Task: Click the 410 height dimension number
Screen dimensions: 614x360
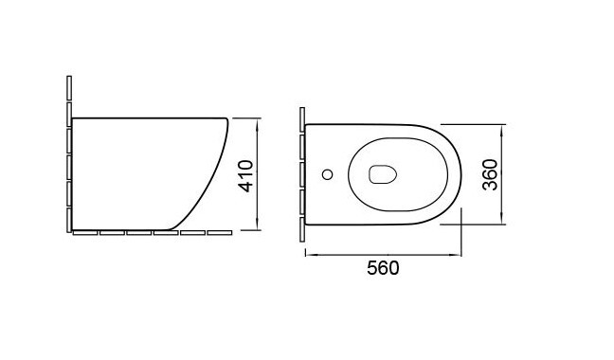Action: [246, 175]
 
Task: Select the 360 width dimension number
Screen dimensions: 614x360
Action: [490, 174]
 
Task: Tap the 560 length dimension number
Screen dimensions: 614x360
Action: [383, 268]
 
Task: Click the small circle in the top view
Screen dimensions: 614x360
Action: [327, 174]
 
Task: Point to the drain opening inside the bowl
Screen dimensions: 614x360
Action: [383, 173]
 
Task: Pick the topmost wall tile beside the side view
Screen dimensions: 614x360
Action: [69, 88]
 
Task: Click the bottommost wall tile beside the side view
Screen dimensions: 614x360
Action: [69, 221]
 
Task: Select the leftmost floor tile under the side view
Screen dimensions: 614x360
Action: [85, 232]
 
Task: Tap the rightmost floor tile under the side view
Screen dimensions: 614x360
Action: [220, 232]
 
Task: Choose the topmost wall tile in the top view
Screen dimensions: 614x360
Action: [302, 119]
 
